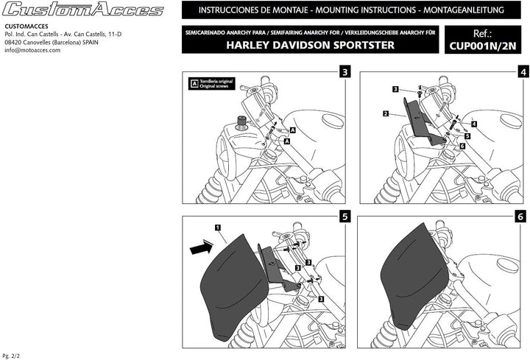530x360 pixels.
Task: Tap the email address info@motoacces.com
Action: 32,50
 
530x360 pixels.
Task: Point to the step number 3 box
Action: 344,72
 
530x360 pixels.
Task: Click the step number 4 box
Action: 523,72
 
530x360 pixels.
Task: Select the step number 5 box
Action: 344,217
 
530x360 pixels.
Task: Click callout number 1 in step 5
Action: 218,228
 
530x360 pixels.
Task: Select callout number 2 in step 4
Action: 385,114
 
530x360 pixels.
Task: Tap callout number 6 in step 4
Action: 462,147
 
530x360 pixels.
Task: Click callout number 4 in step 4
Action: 474,124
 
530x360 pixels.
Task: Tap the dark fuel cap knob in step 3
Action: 240,122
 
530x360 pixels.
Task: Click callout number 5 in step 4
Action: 467,135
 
